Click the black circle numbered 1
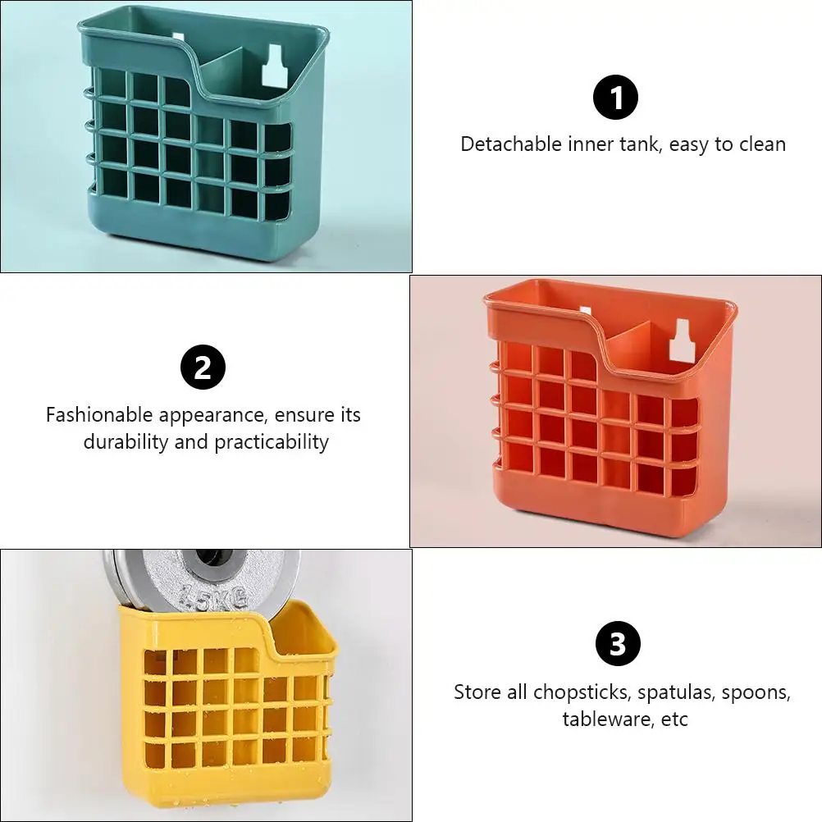point(615,97)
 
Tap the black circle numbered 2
point(203,367)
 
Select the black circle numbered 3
point(618,643)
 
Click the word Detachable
point(512,144)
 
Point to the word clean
point(763,144)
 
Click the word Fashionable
point(99,414)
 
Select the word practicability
point(272,442)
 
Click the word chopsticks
point(582,692)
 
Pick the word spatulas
point(676,692)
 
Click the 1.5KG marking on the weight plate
point(213,597)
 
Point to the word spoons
point(756,692)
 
